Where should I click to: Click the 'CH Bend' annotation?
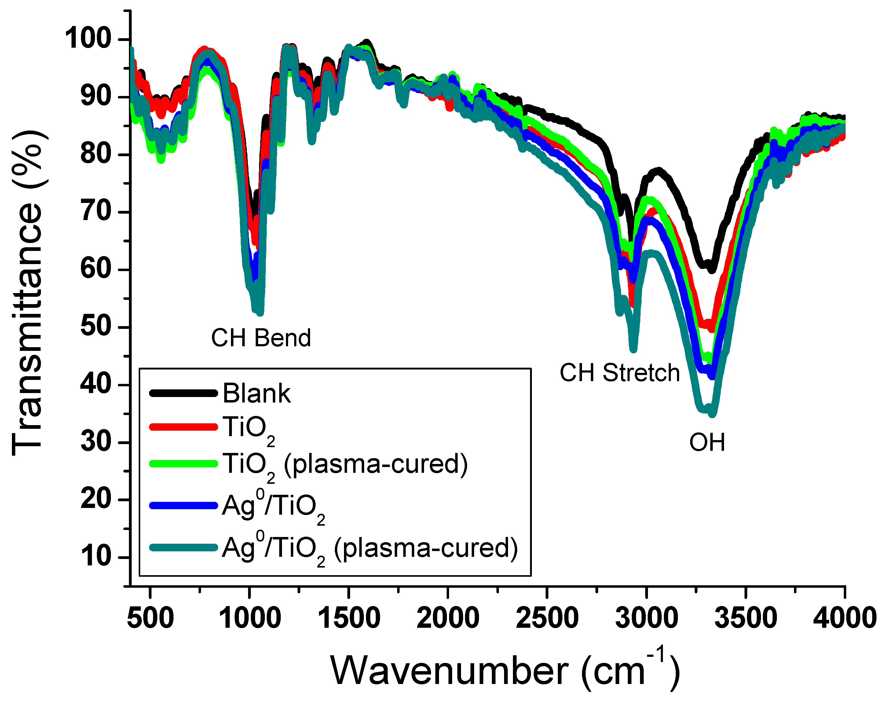tap(261, 338)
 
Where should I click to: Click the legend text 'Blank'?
tap(257, 393)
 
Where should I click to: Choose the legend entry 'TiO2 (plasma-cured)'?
tap(345, 465)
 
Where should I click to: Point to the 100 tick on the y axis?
tap(88, 39)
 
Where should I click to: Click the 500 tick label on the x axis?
tap(150, 618)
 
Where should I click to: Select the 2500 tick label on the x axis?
tap(547, 618)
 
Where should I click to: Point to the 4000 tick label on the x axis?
tap(844, 618)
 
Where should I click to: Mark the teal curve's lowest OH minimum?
tap(712, 414)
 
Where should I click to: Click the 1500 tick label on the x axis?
tap(349, 618)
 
